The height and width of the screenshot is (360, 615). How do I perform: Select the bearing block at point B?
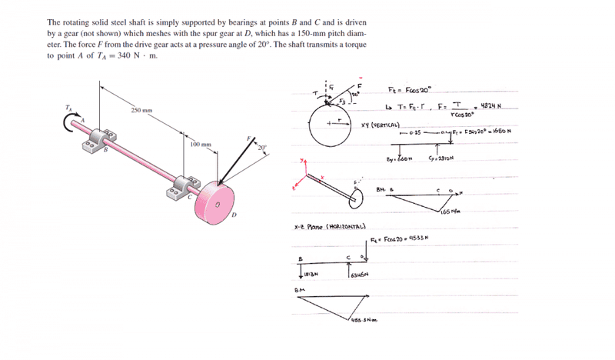coord(89,143)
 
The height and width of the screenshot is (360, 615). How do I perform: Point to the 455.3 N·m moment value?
coord(359,320)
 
